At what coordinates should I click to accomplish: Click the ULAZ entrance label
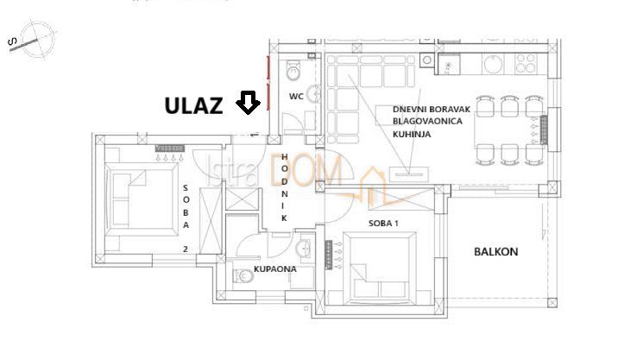(194, 106)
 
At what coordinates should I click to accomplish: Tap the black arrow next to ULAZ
(249, 104)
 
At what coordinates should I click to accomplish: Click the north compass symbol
(32, 40)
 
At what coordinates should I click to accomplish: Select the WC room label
(295, 96)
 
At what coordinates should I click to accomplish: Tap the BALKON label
(495, 252)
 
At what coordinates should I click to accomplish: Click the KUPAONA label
(275, 269)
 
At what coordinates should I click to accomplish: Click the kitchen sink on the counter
(451, 63)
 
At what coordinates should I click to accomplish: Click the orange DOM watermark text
(306, 172)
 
